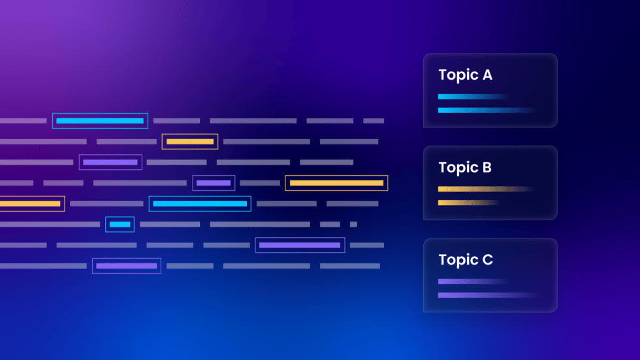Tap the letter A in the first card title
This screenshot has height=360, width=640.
tap(487, 75)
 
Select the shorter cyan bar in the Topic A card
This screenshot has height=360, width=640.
tap(472, 97)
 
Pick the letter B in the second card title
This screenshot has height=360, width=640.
tap(487, 168)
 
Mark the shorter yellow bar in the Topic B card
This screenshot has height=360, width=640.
tap(468, 203)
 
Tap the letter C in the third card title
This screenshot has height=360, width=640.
tap(487, 260)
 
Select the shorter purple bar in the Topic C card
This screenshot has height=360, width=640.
tap(472, 282)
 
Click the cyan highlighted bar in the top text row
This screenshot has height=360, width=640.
tap(100, 121)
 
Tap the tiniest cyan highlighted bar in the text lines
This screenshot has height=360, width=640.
tap(120, 224)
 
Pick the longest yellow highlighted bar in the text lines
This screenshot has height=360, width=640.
tap(336, 183)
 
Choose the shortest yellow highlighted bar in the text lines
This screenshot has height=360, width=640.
tap(190, 141)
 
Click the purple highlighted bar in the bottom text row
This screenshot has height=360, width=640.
tap(127, 266)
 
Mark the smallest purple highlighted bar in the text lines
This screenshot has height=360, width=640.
tap(214, 183)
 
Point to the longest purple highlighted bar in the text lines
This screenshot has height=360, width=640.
tap(300, 245)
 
